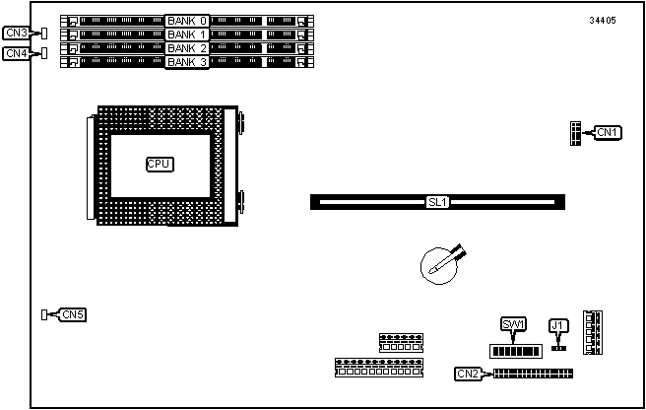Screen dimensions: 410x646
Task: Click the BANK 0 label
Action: click(187, 20)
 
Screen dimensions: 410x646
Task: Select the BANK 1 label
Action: click(187, 34)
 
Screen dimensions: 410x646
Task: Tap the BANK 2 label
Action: click(187, 47)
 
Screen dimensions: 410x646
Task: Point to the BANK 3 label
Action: click(187, 62)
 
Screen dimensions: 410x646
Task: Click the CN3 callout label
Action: click(16, 33)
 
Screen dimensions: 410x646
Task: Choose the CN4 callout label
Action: click(16, 53)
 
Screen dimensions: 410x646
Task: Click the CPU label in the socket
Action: click(159, 164)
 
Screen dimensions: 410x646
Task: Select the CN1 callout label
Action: click(606, 132)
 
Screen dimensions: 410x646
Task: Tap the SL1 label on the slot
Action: click(437, 202)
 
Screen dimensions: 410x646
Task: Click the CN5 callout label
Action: click(72, 314)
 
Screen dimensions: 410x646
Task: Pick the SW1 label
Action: click(513, 324)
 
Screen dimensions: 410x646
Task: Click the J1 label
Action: click(558, 324)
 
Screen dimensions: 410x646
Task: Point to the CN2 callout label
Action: click(468, 374)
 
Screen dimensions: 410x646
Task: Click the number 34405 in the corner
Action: click(603, 21)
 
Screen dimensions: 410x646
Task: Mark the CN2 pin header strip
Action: click(533, 374)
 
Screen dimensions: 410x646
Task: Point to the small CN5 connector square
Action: click(45, 314)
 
